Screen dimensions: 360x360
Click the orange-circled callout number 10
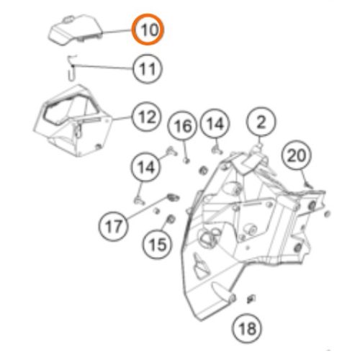tap(148, 30)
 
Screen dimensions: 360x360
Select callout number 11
tap(147, 68)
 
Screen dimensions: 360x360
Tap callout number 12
tap(147, 117)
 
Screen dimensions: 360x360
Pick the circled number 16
tap(183, 126)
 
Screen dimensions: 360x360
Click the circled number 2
tap(261, 122)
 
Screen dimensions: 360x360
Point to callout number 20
tap(297, 156)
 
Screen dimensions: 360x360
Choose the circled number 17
tap(114, 226)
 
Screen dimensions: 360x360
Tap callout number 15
tap(158, 244)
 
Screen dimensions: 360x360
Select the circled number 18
tap(247, 328)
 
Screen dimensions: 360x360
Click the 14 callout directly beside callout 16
tap(215, 124)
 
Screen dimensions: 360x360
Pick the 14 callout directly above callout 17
tap(146, 167)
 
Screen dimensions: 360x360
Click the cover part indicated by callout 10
tap(75, 30)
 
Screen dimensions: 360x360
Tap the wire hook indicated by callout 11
tap(72, 67)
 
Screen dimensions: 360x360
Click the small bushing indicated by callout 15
tap(171, 219)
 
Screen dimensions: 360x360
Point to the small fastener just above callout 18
tap(251, 299)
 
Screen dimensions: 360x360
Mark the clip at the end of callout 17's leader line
tap(173, 197)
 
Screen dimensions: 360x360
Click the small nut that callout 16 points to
tap(186, 160)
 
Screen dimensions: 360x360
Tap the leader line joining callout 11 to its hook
tap(103, 67)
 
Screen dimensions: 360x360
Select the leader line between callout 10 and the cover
tap(117, 31)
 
